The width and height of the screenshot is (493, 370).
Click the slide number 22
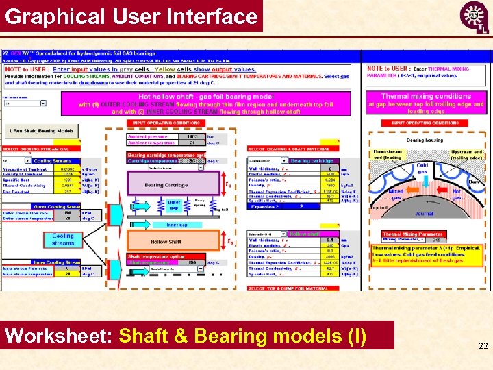click(x=483, y=347)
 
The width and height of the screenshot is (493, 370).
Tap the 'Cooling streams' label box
click(x=63, y=239)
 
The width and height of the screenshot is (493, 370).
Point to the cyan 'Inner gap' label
click(x=177, y=224)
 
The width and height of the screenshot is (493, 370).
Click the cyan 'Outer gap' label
click(x=174, y=205)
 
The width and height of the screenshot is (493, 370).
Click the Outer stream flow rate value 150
click(x=68, y=212)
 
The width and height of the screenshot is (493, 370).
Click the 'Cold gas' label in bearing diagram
click(x=422, y=166)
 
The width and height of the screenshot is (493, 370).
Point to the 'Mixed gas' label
click(x=396, y=195)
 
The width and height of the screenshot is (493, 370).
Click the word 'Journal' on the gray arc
click(x=424, y=213)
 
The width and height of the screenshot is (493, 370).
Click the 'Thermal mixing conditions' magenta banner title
click(x=425, y=97)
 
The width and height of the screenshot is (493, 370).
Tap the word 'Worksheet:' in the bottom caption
click(x=60, y=336)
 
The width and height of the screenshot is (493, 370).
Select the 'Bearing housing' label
click(x=425, y=140)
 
